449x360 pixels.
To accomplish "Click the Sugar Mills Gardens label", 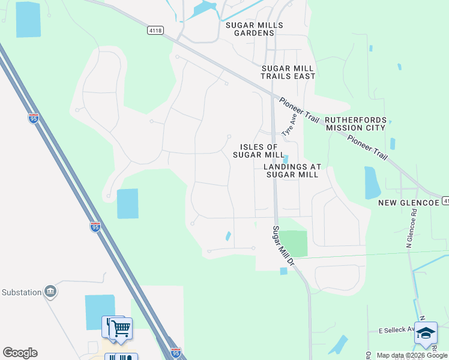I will click(254, 29).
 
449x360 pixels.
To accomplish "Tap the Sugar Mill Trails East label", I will click(288, 72).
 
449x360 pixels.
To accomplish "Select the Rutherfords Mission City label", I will click(355, 124).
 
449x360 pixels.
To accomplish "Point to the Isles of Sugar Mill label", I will click(259, 151).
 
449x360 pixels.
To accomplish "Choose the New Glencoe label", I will click(408, 203).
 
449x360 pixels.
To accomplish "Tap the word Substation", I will click(21, 293).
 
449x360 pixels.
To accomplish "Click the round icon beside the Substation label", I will click(50, 292).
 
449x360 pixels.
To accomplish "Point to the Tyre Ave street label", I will click(290, 127).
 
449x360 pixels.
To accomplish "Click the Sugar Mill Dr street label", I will click(283, 245).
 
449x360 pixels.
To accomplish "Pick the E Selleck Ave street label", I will click(396, 330).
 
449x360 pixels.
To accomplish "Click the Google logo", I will click(20, 353).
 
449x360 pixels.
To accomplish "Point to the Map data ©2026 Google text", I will click(411, 355).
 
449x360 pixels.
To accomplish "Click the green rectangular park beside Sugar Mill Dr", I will click(294, 244).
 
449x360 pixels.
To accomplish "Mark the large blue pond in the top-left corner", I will click(29, 20).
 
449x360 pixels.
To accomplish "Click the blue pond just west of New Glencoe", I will click(372, 182).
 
